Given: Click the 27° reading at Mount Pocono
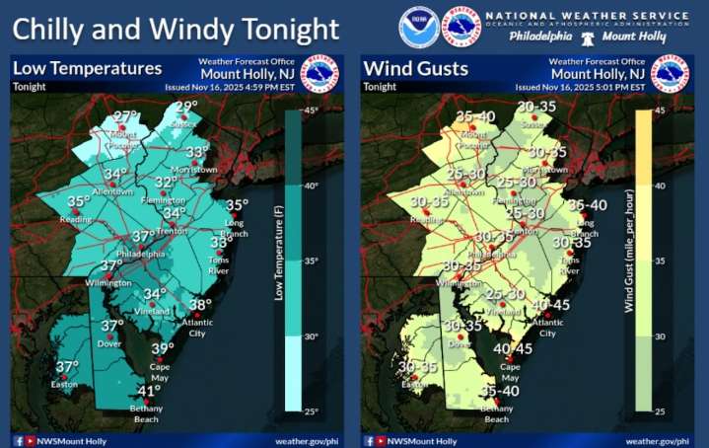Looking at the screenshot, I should [x=125, y=116].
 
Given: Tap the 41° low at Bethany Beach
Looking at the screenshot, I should [x=148, y=391].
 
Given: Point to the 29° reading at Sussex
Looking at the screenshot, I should [x=186, y=108].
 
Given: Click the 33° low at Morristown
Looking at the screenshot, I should [x=198, y=151].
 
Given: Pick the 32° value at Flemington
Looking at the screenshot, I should [x=165, y=183].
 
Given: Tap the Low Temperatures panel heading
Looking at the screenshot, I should [x=87, y=69].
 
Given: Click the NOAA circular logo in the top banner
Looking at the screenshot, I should [x=419, y=27].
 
